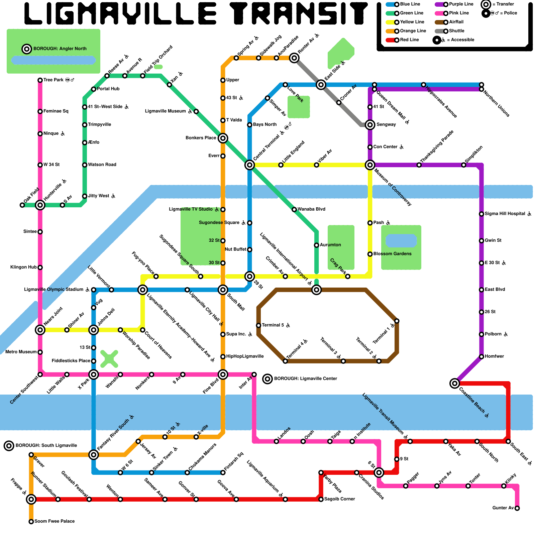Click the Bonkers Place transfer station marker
coord(223,138)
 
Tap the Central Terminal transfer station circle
coord(249,165)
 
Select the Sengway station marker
coord(370,125)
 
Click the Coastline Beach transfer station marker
coord(454,383)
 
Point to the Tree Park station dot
coord(40,80)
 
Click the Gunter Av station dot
coord(517,508)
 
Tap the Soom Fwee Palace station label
coord(55,521)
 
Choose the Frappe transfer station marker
coord(31,499)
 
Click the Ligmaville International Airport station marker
coord(316,290)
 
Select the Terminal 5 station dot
coord(258,325)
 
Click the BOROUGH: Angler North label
coord(60,49)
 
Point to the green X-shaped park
coord(109,359)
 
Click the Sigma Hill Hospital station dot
coord(481,214)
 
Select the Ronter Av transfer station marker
coord(294,58)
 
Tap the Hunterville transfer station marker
coord(40,205)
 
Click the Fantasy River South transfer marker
coord(94,454)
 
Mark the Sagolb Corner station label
coord(339,499)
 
